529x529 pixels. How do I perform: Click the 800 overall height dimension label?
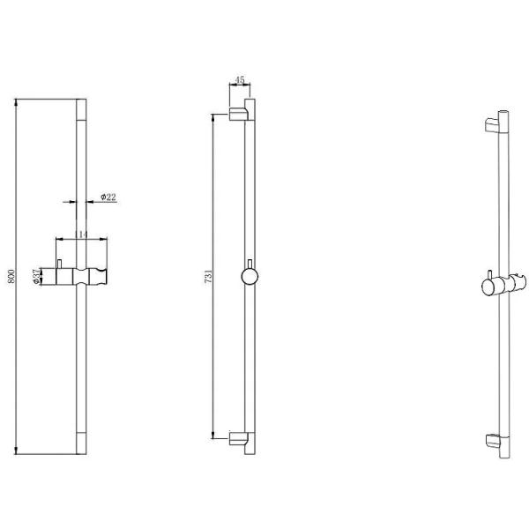(11, 276)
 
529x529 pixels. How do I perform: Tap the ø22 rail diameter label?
(108, 197)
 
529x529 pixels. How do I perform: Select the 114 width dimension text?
(81, 235)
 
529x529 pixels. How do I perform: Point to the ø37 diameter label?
(36, 276)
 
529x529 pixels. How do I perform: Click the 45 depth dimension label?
(240, 80)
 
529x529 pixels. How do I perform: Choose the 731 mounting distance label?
(208, 276)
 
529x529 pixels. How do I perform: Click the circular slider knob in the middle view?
(250, 277)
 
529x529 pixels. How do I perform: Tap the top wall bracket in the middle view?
(239, 114)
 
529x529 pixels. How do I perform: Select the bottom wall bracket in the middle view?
(239, 438)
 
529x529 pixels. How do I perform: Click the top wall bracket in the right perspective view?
(492, 125)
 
